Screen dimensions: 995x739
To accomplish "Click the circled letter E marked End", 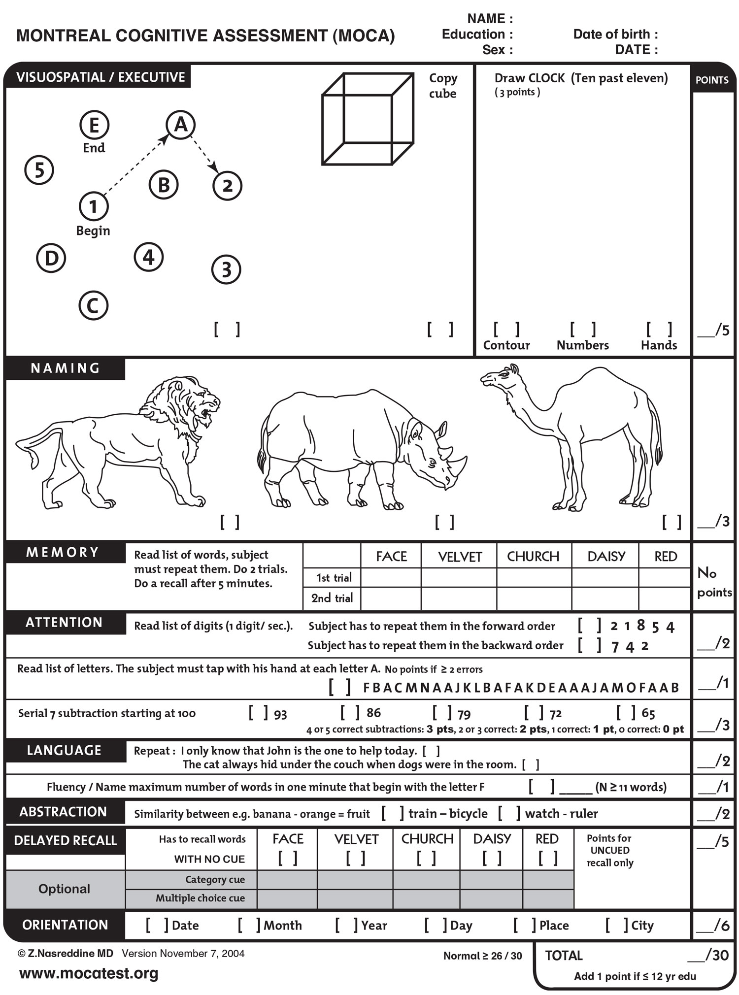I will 94,125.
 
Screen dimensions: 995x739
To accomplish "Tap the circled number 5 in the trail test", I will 39,170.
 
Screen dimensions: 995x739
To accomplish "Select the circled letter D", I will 51,258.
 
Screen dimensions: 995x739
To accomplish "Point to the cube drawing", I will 368,119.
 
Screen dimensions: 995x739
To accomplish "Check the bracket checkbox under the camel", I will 672,522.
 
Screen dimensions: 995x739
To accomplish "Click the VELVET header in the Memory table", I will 459,557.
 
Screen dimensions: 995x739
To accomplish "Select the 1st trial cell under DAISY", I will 605,577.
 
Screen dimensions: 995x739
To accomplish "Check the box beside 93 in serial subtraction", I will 258,713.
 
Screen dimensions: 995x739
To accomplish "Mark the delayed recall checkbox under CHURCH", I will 426,859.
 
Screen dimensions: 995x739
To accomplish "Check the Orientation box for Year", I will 346,925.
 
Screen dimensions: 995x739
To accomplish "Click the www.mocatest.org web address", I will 89,973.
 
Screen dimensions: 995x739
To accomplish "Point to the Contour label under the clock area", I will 506,345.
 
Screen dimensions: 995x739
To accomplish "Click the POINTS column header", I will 712,80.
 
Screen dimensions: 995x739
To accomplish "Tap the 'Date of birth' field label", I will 615,34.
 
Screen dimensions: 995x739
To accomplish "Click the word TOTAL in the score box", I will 564,956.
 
